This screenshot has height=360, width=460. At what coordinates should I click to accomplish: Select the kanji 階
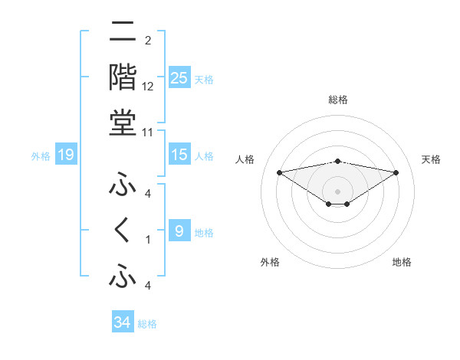tap(123, 78)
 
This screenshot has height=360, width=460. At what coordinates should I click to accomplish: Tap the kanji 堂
tap(123, 123)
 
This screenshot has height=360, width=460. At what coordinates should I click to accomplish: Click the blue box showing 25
tap(179, 78)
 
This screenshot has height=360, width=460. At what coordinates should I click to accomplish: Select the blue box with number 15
tap(179, 155)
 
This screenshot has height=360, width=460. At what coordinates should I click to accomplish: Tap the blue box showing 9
tap(179, 231)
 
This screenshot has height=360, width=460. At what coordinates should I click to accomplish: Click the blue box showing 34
tap(122, 322)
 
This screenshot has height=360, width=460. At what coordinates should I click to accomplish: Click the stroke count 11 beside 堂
tap(149, 131)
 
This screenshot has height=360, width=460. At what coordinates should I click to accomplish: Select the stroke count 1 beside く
tap(148, 240)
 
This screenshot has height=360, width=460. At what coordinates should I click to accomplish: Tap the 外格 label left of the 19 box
tap(41, 157)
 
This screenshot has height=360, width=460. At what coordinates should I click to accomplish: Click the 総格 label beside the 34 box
tap(147, 324)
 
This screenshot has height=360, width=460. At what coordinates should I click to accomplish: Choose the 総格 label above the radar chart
tap(337, 100)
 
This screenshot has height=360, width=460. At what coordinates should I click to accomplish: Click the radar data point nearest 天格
tap(396, 172)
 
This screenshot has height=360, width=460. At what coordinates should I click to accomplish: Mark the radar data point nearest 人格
tap(279, 172)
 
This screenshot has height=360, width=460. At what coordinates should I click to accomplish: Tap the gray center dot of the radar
tap(337, 191)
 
